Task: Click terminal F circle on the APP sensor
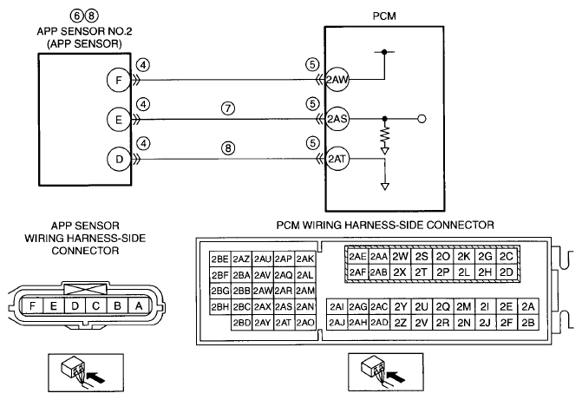(119, 80)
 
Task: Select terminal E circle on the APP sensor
(119, 120)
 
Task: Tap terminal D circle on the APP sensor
(119, 160)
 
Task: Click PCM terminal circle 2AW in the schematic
(337, 79)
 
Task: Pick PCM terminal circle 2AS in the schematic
(337, 119)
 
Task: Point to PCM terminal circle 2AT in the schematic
(337, 159)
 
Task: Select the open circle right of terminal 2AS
(422, 119)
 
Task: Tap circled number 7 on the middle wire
(228, 108)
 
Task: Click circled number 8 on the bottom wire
(228, 148)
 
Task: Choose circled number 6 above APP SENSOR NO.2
(76, 16)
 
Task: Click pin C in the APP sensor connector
(96, 306)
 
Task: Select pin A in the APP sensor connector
(139, 306)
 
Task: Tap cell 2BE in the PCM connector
(219, 259)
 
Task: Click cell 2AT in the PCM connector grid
(284, 323)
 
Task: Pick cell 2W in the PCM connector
(400, 256)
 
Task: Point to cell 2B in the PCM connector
(528, 323)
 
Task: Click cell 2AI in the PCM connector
(337, 307)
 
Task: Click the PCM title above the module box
(384, 16)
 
